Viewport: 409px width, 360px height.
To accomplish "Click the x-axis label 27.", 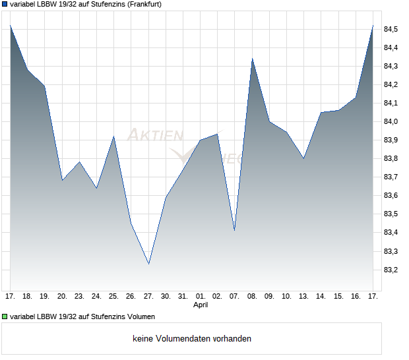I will [148, 296].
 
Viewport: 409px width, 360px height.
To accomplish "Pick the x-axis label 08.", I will [252, 296].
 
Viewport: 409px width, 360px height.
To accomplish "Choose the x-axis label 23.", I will [79, 296].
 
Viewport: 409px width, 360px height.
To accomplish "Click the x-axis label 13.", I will [303, 296].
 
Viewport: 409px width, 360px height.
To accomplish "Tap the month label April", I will [201, 305].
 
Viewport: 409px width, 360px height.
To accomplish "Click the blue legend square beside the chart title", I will [5, 4].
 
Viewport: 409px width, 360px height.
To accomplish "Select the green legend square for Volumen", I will [5, 316].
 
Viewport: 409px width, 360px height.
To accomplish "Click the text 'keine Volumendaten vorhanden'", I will [192, 339].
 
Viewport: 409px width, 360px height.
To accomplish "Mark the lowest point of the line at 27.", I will [148, 264].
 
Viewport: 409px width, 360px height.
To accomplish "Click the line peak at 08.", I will [252, 59].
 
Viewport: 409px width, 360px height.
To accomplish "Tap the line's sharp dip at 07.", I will [235, 230].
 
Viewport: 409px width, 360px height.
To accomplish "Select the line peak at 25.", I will [114, 136].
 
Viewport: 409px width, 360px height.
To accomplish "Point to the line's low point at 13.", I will [303, 158].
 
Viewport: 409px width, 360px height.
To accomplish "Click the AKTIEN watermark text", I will [154, 136].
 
